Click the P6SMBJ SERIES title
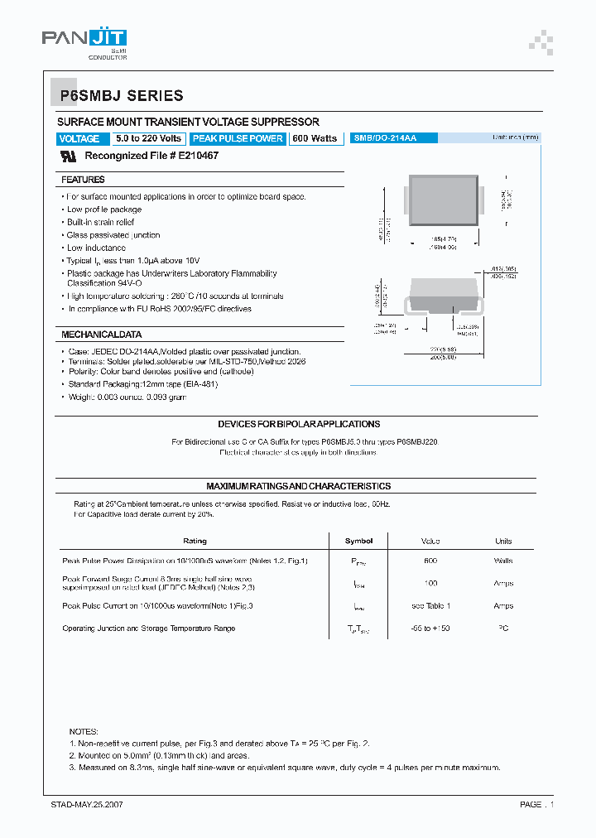click(121, 96)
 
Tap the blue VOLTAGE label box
click(79, 139)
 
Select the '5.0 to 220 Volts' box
click(148, 138)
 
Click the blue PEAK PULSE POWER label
click(238, 138)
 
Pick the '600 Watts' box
click(315, 138)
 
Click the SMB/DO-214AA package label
click(384, 138)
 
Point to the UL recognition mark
click(70, 156)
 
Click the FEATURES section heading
click(83, 180)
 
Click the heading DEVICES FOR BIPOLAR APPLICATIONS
click(299, 424)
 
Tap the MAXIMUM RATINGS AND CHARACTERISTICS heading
click(298, 486)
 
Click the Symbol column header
click(358, 541)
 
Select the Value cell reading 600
click(430, 561)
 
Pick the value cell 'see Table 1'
click(430, 606)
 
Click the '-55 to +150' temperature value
click(430, 628)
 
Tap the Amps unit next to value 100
click(503, 584)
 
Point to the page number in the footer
click(536, 805)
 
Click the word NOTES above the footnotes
click(84, 732)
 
